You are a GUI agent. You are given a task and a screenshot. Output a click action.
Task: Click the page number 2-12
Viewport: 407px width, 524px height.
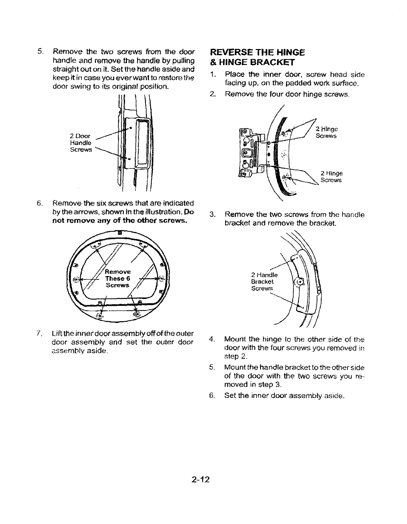(201, 480)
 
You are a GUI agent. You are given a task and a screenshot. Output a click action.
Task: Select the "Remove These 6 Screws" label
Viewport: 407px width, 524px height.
(118, 278)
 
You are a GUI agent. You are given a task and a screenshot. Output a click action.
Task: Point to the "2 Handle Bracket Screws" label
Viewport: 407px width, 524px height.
(264, 281)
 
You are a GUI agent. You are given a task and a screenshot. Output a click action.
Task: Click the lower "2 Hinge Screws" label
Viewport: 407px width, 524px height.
(331, 177)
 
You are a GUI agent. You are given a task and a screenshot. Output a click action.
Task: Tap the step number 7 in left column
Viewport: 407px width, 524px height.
(39, 334)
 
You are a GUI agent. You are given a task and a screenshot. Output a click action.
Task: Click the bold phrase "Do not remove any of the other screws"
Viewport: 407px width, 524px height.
(120, 220)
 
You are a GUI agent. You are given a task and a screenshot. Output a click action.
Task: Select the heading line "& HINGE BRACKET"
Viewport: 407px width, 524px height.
(253, 62)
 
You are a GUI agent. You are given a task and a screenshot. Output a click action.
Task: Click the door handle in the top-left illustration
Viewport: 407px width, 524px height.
(141, 144)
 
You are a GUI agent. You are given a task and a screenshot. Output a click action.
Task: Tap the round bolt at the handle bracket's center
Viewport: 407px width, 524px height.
(299, 282)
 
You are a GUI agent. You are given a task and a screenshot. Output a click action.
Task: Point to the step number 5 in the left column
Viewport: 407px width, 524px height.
(39, 52)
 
